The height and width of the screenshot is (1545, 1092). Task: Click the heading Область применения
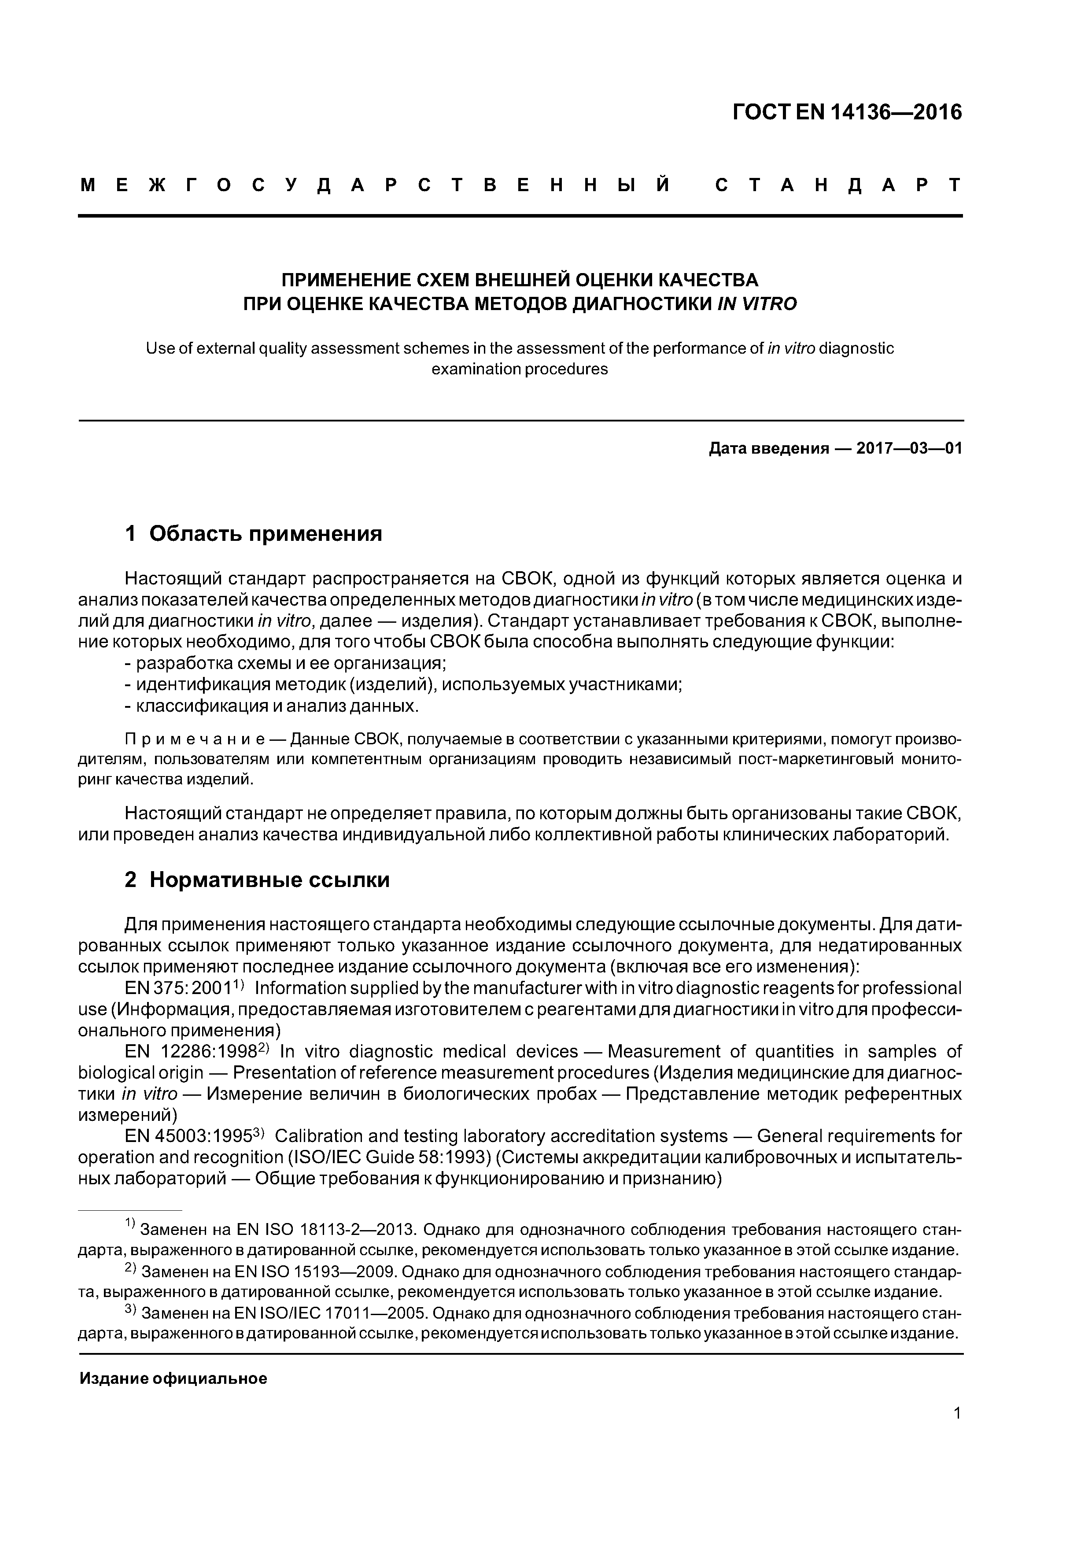coord(265,534)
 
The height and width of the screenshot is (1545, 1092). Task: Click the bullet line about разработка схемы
coord(286,663)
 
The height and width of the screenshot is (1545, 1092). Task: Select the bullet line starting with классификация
coord(272,706)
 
